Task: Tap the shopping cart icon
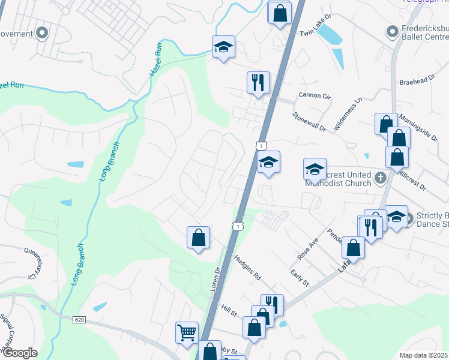pos(187,331)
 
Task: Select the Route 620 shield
pos(80,319)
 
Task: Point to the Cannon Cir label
pos(314,95)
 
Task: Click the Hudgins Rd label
pos(248,268)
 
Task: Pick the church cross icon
pos(379,178)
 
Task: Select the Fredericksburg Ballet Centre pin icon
pos(393,31)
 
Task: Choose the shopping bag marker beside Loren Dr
pos(198,238)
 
